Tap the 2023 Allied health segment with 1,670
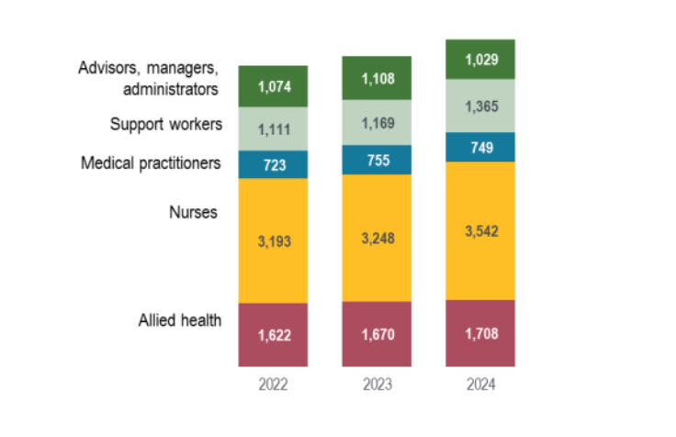click(377, 333)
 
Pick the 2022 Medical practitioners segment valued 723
click(273, 164)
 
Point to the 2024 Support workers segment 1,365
click(480, 106)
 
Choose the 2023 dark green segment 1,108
click(377, 78)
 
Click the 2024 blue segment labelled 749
click(480, 147)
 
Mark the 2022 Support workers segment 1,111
click(273, 130)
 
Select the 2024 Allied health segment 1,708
click(480, 333)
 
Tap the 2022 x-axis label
click(273, 385)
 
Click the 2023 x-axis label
click(377, 385)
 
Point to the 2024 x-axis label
click(480, 385)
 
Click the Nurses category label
click(193, 213)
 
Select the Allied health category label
click(180, 320)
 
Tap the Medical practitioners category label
click(151, 163)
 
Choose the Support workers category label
click(165, 124)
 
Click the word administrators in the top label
click(171, 89)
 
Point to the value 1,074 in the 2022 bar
click(273, 87)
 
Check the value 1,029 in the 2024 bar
click(480, 59)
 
